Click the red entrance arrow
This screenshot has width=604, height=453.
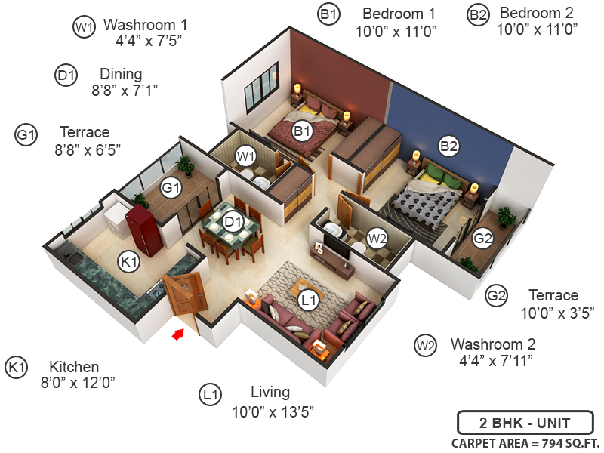[x=178, y=333]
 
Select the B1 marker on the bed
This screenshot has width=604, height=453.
[x=303, y=132]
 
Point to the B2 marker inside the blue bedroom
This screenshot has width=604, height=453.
[x=448, y=144]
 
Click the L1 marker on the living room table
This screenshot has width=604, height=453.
[x=307, y=300]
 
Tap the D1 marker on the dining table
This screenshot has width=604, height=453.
[x=233, y=222]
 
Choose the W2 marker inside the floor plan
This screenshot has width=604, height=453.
[x=376, y=238]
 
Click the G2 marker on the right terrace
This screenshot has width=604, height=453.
[x=482, y=239]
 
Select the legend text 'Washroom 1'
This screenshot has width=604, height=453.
[x=145, y=25]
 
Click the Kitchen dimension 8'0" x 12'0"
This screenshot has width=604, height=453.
[x=78, y=383]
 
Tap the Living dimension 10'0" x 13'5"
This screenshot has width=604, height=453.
[x=273, y=411]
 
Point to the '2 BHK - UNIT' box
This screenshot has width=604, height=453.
[x=525, y=422]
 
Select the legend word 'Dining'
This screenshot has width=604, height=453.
[x=121, y=74]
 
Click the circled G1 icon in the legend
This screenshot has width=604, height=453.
[x=26, y=135]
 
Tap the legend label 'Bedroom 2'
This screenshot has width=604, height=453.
[x=536, y=13]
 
